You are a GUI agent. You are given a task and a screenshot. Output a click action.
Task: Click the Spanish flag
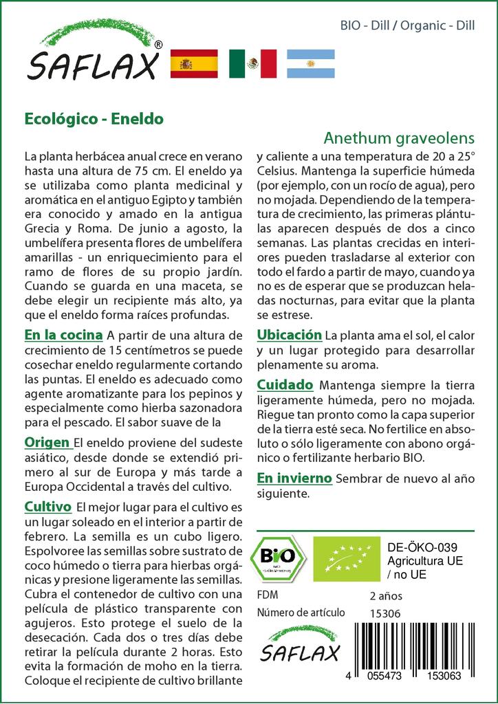193,63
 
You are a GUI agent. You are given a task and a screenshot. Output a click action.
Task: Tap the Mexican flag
252,63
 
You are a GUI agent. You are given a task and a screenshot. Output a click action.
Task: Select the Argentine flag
310,63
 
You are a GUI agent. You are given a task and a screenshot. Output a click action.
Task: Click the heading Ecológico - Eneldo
94,118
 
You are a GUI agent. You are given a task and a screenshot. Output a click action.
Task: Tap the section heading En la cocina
63,335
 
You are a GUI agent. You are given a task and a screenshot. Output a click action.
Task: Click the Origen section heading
47,441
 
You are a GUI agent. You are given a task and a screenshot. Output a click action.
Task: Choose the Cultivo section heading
48,507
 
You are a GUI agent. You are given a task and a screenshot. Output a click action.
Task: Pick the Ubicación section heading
289,335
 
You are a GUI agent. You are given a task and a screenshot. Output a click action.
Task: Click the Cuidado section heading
285,384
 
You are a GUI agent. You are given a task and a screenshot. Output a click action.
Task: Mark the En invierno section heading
294,478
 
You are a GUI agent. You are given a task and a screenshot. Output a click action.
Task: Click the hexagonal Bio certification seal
279,557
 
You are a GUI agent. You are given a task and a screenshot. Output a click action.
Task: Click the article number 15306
385,613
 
